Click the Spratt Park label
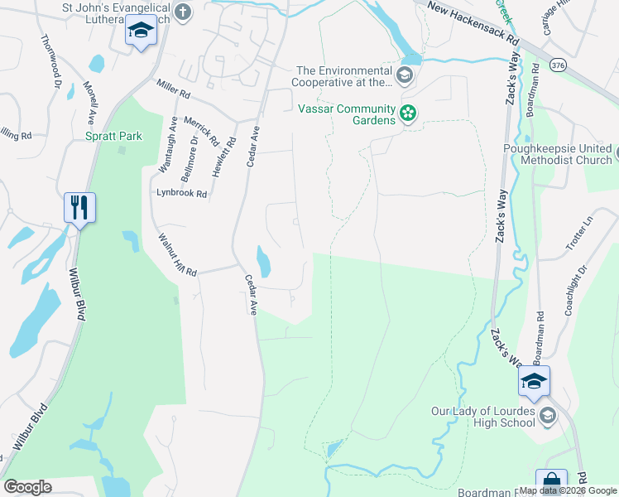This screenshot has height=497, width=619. point(113,136)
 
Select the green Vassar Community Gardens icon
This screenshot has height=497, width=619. point(407,113)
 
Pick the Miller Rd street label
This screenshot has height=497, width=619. point(172,86)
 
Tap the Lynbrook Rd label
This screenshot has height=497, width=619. point(181,193)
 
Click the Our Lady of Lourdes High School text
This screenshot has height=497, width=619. point(483,417)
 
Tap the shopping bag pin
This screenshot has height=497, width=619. point(550,483)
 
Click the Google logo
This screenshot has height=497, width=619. point(27,487)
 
